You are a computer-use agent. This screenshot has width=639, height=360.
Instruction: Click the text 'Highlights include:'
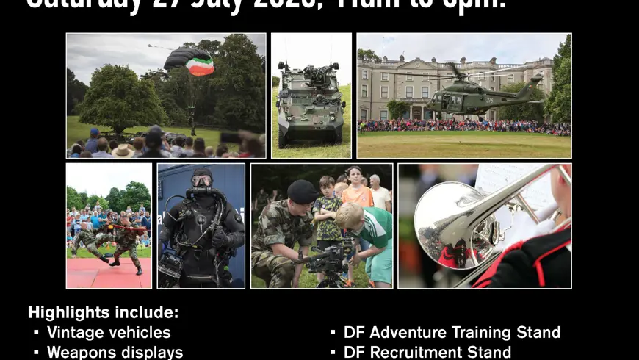[x=103, y=312]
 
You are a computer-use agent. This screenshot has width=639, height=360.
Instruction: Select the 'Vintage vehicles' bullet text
[x=109, y=333]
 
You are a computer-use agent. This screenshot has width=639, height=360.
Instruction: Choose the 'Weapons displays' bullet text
[x=115, y=352]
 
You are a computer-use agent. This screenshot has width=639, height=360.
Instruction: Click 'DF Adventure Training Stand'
[x=452, y=333]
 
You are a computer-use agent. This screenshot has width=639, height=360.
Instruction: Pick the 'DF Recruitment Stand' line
[x=427, y=352]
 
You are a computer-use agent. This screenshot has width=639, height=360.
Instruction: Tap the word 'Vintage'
[x=74, y=333]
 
